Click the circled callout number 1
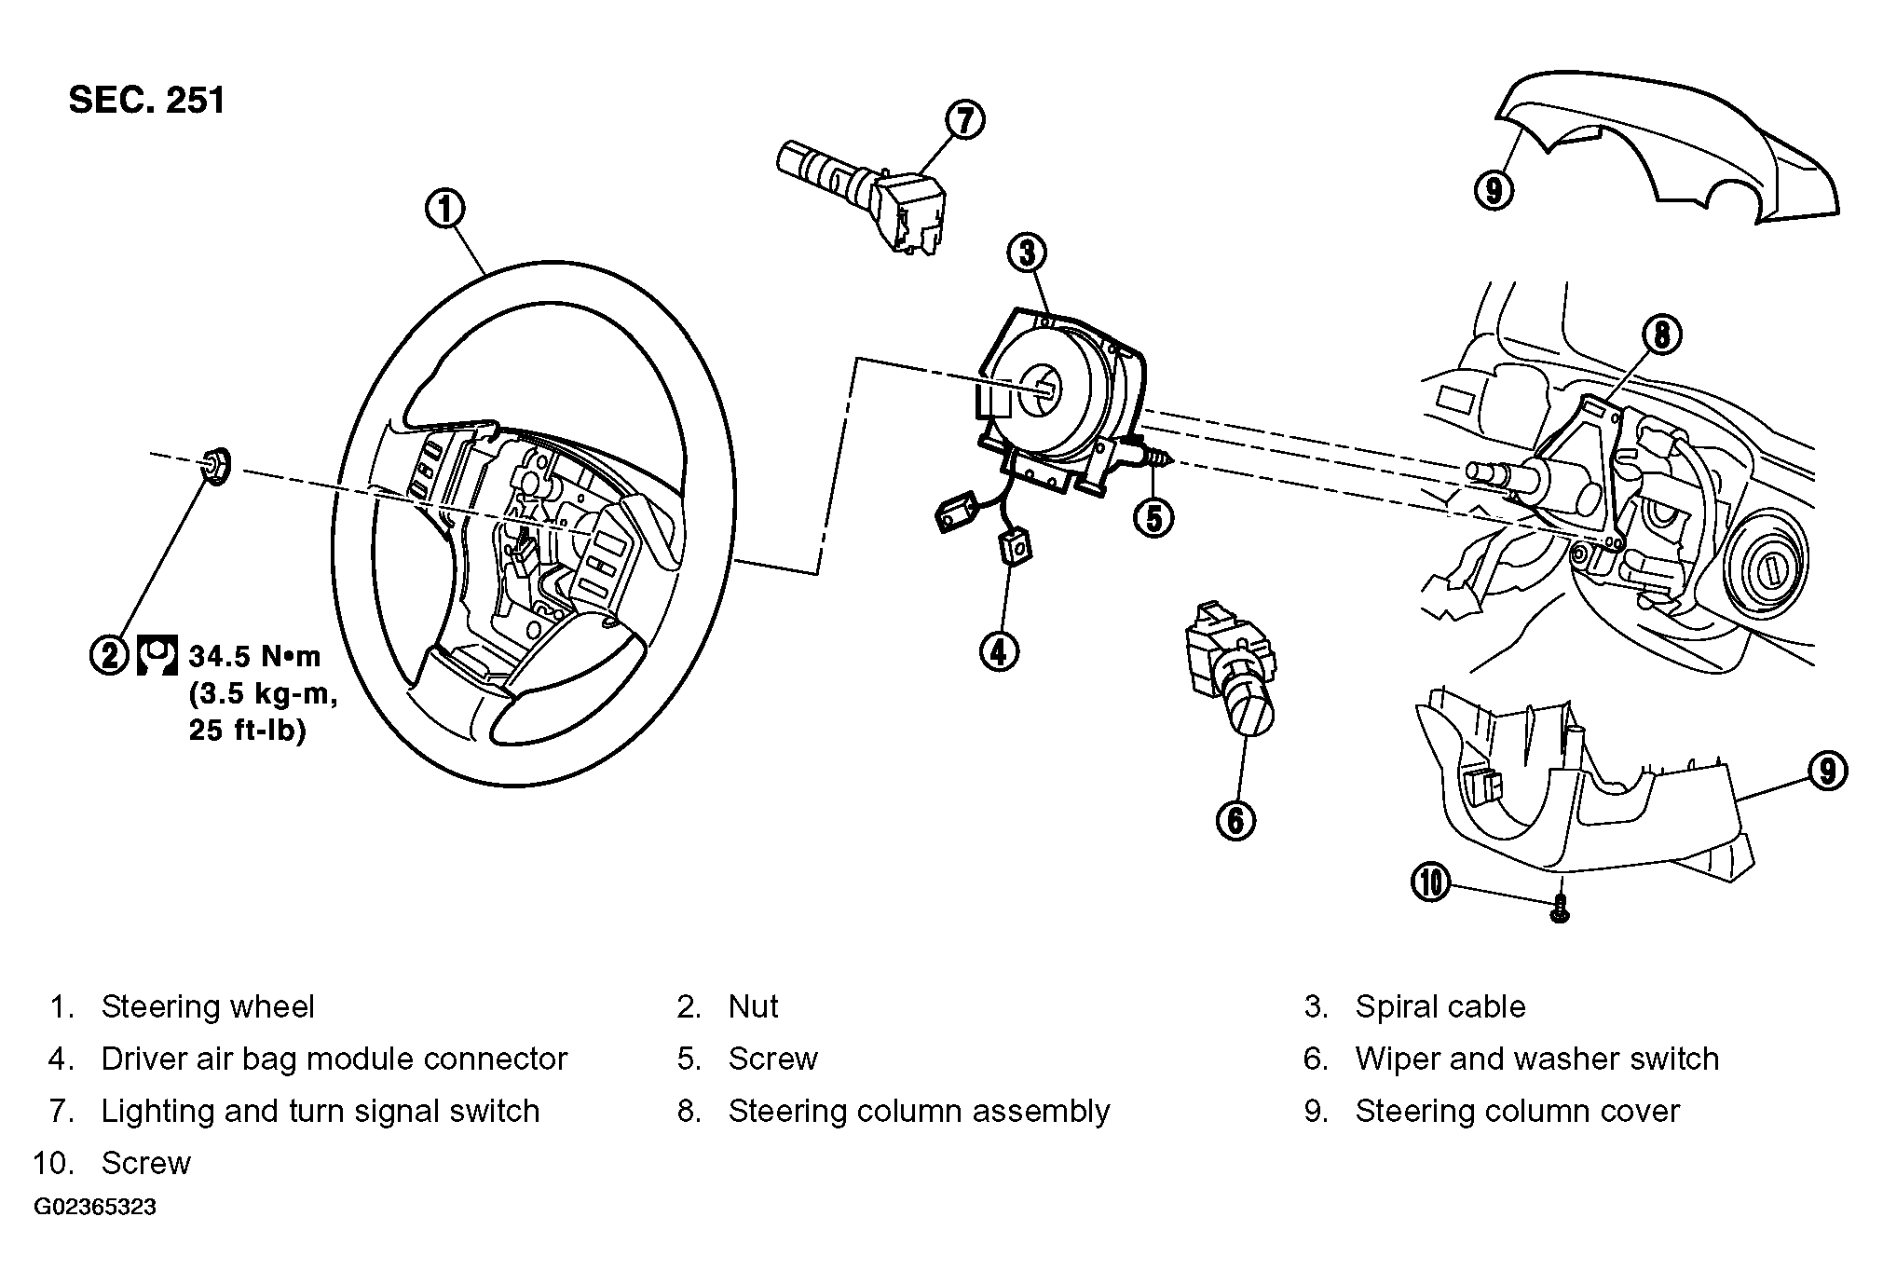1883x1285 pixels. coord(445,209)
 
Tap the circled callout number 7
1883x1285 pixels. coord(964,120)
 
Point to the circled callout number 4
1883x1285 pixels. coord(999,651)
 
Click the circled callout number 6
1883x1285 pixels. coord(1235,820)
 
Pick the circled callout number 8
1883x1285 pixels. coord(1662,335)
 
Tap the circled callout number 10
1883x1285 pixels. coord(1431,882)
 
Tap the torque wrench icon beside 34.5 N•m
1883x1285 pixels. coord(157,655)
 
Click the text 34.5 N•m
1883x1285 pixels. coord(254,656)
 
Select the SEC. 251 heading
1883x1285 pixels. coord(147,101)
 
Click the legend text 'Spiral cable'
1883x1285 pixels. coord(1440,1006)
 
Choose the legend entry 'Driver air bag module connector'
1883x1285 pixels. coord(334,1059)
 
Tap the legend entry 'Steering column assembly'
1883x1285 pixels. coord(919,1112)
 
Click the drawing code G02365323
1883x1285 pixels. coord(95,1208)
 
